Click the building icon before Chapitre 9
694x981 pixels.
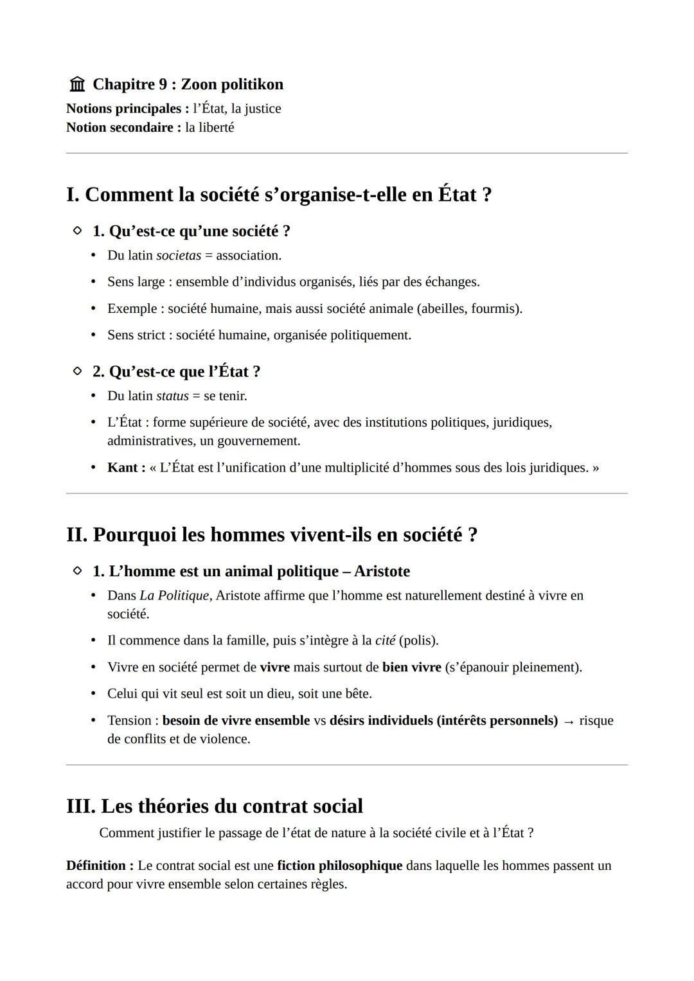[77, 84]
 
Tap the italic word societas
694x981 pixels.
[179, 256]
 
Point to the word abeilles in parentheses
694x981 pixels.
[443, 309]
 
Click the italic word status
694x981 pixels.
[172, 396]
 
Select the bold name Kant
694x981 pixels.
[123, 468]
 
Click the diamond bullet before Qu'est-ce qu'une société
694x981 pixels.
[77, 230]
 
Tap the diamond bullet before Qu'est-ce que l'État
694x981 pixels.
[77, 371]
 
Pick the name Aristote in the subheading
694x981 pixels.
[382, 571]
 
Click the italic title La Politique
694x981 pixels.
[174, 596]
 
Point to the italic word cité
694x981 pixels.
[385, 641]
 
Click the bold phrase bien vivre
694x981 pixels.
[411, 667]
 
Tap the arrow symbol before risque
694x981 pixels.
[568, 721]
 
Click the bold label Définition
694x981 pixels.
[100, 866]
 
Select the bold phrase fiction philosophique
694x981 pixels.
[339, 866]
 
